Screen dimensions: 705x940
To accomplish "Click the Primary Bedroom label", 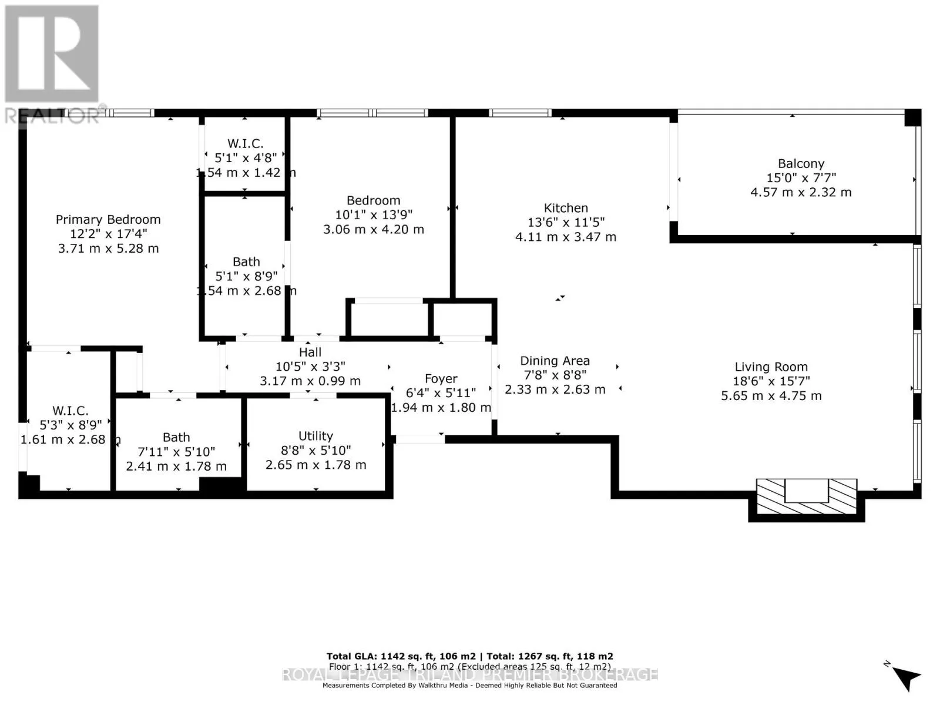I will pos(108,219).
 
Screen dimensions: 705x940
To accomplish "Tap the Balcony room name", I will pos(801,163).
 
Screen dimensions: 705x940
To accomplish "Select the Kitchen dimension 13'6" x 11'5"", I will pos(566,222).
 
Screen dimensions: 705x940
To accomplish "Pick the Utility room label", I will pos(315,436).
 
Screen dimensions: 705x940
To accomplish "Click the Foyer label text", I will pos(441,379).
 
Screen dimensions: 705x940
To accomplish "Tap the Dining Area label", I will pos(555,361).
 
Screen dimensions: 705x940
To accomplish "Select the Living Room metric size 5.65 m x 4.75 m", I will pos(771,395).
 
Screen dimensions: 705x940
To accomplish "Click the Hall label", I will pos(310,352).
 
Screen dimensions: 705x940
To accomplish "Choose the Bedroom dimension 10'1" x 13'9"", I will pos(374,215).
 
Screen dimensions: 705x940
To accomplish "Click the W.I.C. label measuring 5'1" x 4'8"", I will pos(246,143).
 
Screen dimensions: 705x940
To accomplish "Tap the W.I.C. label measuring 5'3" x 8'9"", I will pos(70,411).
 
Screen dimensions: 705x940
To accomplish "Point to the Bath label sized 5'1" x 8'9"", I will pos(246,262).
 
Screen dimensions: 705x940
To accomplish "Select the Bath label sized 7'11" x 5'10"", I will pos(176,437).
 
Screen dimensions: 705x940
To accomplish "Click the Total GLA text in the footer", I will pos(470,656).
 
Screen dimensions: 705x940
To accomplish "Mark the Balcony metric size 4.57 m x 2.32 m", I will pos(801,192).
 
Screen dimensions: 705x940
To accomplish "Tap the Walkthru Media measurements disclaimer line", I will pos(470,685).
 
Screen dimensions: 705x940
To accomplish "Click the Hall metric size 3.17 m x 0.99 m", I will pos(310,381).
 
